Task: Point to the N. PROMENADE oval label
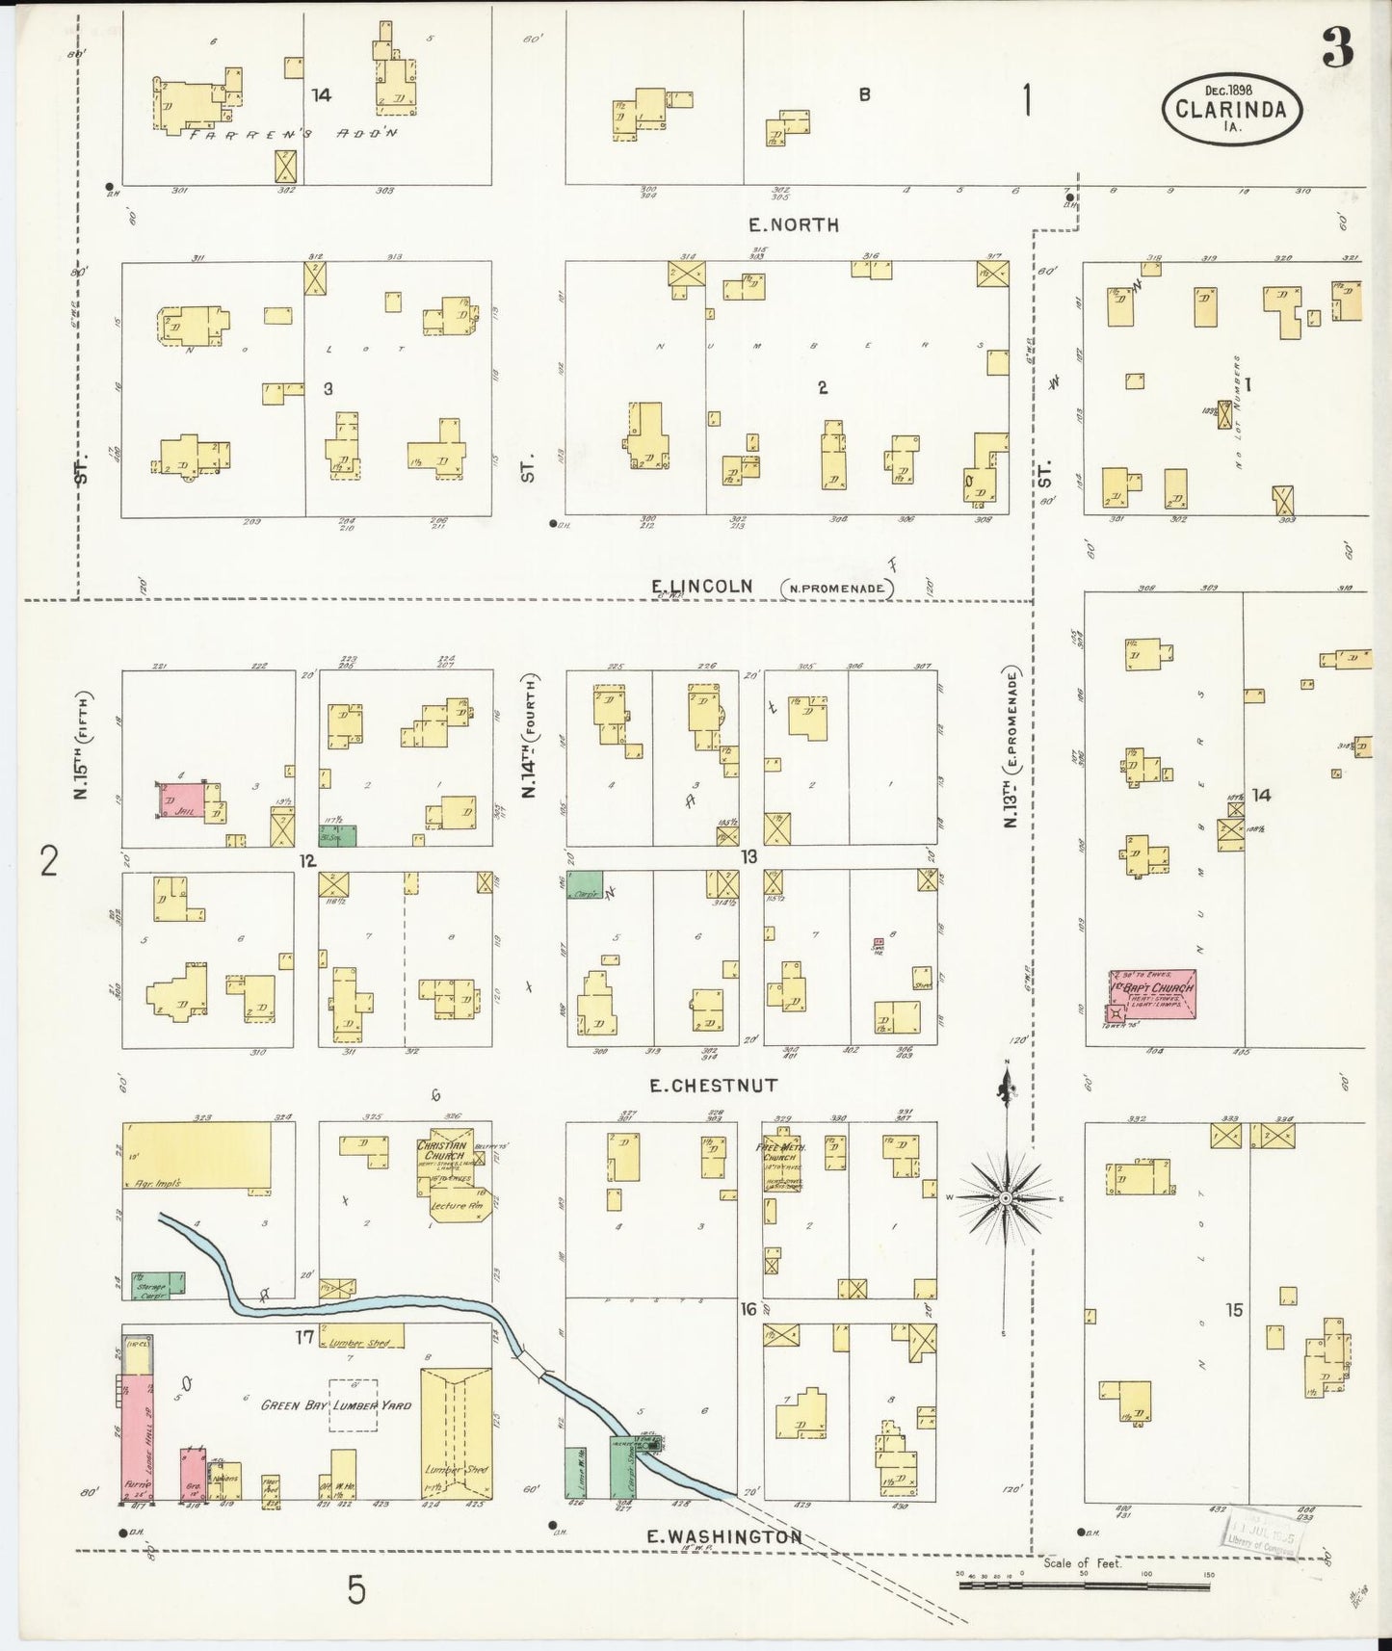click(837, 589)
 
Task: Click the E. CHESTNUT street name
click(713, 1086)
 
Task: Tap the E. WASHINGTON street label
click(723, 1536)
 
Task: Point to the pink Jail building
click(183, 801)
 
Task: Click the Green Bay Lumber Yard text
click(337, 1404)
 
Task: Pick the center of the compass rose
click(1006, 1197)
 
